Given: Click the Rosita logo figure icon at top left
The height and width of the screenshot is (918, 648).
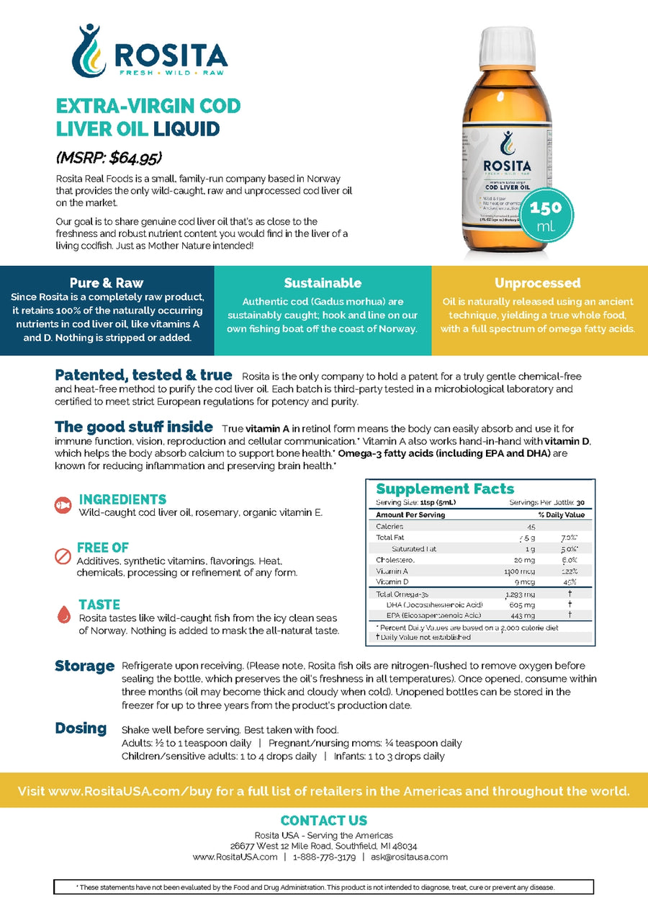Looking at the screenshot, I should (x=89, y=50).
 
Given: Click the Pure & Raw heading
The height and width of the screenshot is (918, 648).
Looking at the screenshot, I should (x=107, y=282).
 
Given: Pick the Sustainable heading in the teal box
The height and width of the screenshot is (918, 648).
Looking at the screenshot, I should (x=323, y=282).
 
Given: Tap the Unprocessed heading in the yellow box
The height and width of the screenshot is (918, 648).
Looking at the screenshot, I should (x=538, y=282).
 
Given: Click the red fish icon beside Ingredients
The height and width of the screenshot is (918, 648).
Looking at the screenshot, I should (x=63, y=505).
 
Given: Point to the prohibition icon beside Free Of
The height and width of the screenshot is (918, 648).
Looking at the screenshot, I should (x=63, y=556).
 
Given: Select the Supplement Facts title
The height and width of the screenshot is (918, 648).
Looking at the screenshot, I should (x=445, y=489).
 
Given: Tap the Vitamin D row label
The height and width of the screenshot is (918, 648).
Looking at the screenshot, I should (x=392, y=581).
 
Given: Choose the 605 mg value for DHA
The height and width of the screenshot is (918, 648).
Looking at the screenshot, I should (x=524, y=605).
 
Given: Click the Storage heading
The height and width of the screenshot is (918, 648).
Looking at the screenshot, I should (x=84, y=666).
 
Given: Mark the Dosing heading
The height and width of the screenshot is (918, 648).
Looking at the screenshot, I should (x=81, y=728).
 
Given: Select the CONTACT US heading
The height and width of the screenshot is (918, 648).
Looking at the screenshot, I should (x=323, y=821).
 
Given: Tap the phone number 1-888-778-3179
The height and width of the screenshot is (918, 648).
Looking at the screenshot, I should (x=324, y=857).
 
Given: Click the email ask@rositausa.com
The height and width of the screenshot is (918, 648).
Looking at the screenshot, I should (x=409, y=857).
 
